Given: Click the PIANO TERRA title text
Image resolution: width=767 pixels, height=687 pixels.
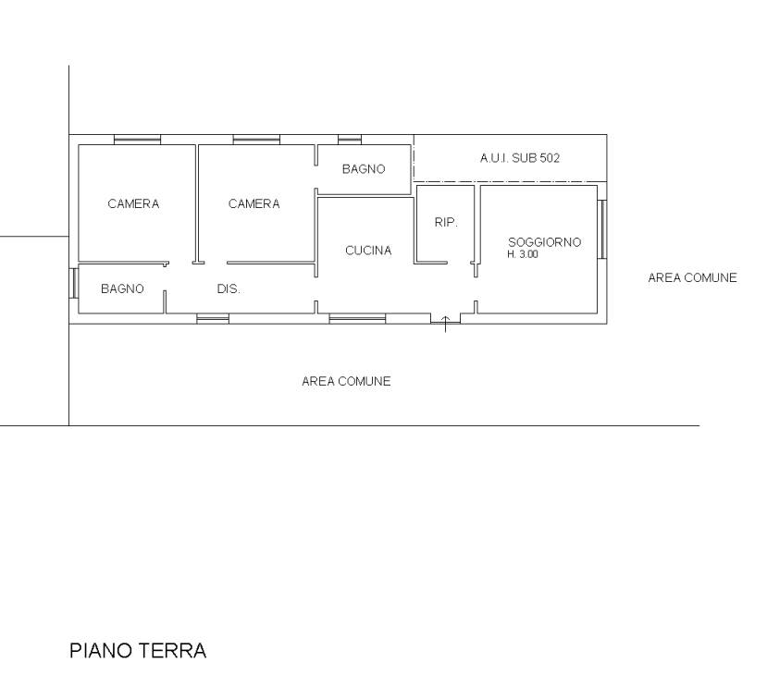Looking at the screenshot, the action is tap(138, 651).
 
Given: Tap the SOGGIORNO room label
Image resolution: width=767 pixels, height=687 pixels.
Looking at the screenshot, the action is tap(544, 242).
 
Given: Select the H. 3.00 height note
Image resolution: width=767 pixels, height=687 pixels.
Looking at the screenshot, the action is tap(523, 254).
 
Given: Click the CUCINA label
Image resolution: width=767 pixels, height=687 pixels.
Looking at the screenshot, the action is tap(368, 251).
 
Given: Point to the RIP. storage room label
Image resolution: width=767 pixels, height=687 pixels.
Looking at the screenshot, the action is tap(446, 223).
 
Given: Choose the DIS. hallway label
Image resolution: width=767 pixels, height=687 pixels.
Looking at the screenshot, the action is tap(229, 289).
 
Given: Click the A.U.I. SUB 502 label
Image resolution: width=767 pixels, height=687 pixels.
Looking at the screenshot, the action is tap(519, 158).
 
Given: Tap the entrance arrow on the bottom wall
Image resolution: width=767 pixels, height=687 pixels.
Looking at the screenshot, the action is tap(445, 325).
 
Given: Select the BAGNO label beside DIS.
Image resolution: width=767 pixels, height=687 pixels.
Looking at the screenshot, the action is tap(122, 289).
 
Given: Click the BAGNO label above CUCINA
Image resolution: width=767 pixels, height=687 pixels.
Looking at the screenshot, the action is tap(364, 169).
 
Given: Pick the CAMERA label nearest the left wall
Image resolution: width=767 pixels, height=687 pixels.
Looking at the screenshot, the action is tap(133, 204).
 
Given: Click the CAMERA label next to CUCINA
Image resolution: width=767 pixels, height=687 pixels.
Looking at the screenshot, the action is tap(254, 204).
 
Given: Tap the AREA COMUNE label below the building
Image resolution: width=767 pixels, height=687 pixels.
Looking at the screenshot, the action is tap(346, 381).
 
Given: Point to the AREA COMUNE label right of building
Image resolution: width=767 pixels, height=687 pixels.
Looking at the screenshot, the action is tap(693, 277).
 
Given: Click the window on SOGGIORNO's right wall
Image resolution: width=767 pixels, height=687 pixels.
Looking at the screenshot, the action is tap(602, 229).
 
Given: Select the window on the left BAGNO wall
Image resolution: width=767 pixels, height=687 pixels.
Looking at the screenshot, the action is tap(74, 283).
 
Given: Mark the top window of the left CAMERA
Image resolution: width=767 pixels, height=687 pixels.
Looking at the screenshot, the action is tap(138, 140).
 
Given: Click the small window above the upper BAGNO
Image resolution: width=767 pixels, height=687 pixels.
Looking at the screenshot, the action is tap(350, 140).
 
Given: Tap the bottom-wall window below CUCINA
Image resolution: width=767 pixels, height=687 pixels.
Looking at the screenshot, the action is tap(357, 319).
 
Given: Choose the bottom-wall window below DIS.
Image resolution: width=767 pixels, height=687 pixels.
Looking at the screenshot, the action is tap(213, 319).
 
